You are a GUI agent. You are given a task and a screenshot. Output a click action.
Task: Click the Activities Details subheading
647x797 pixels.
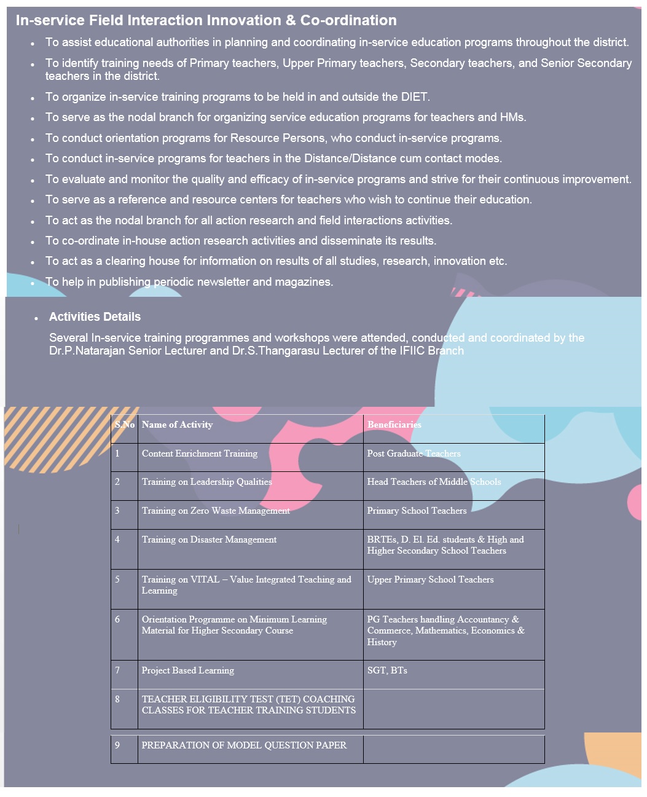point(95,317)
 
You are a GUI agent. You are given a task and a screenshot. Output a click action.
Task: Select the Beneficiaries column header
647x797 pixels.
point(394,425)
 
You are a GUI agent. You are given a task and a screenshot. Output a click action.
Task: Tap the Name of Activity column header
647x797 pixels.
point(177,425)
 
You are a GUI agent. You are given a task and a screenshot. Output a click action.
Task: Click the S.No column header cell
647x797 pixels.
point(125,425)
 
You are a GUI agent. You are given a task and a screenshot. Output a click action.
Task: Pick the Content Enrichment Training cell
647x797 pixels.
point(200,453)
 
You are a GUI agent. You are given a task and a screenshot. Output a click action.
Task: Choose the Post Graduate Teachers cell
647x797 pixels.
point(414,453)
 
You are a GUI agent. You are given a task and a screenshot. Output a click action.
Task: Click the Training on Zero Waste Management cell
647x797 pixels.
point(216,511)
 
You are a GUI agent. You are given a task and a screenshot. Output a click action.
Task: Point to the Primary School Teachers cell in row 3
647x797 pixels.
point(417,511)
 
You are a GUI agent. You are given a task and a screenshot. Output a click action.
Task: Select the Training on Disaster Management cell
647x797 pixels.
point(209,540)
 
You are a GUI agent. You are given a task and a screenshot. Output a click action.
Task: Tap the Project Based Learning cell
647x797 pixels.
point(187,670)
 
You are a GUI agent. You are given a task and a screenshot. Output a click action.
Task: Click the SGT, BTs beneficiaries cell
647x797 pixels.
point(387,670)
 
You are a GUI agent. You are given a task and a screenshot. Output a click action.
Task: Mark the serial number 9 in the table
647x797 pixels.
point(117,745)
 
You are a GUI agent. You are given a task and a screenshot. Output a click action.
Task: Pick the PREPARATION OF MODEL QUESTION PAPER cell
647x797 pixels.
point(244,745)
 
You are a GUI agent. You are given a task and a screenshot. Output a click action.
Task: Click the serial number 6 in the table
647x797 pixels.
point(117,619)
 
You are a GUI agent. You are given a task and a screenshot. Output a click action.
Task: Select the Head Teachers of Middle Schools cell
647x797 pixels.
point(434,482)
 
